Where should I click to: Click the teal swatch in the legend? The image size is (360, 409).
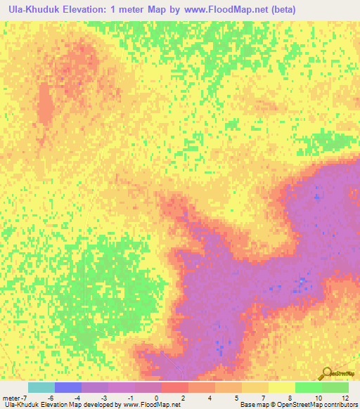[41, 387]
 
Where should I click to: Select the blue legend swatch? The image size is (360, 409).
[68, 387]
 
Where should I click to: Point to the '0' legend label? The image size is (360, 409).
[156, 397]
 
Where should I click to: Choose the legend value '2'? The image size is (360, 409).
[183, 397]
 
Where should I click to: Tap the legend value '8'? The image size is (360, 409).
[289, 397]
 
